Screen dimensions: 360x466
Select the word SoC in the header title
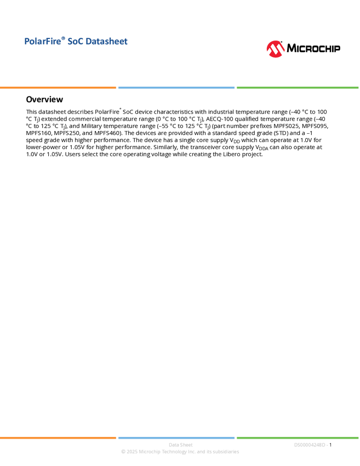click(75, 42)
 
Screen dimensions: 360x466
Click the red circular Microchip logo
click(276, 49)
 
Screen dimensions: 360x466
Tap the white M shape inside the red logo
click(276, 50)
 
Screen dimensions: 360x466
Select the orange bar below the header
click(58, 88)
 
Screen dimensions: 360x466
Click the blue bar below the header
click(176, 88)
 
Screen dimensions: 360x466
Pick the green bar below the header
click(298, 88)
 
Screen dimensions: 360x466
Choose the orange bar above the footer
click(58, 437)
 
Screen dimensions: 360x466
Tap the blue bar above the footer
click(176, 437)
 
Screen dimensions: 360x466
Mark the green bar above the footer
click(298, 437)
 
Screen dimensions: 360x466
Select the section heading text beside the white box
click(44, 101)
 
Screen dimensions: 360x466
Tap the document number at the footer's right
click(311, 445)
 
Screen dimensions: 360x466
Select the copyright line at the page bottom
click(180, 452)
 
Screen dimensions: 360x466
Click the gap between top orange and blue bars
click(117, 88)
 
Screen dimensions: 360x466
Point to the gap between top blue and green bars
click(236, 88)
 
